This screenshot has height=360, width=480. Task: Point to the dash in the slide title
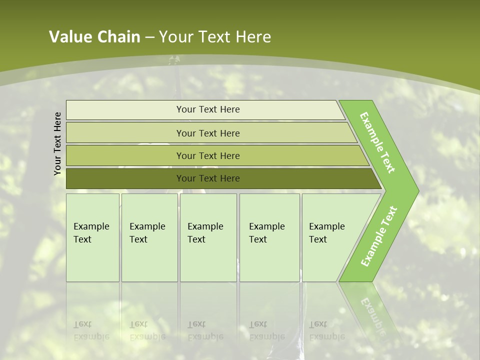(149, 37)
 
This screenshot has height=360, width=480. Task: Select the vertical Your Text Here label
(57, 143)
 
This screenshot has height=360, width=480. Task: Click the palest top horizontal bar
(207, 109)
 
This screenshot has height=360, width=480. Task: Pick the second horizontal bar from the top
(207, 133)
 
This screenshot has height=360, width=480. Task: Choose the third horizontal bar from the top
(207, 155)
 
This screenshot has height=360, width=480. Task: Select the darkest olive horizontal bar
(207, 178)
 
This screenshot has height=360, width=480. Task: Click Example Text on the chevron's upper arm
(377, 142)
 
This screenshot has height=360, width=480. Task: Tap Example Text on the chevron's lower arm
(379, 236)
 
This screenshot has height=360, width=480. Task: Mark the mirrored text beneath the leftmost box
(91, 330)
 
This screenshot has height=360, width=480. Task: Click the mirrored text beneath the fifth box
(326, 330)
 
